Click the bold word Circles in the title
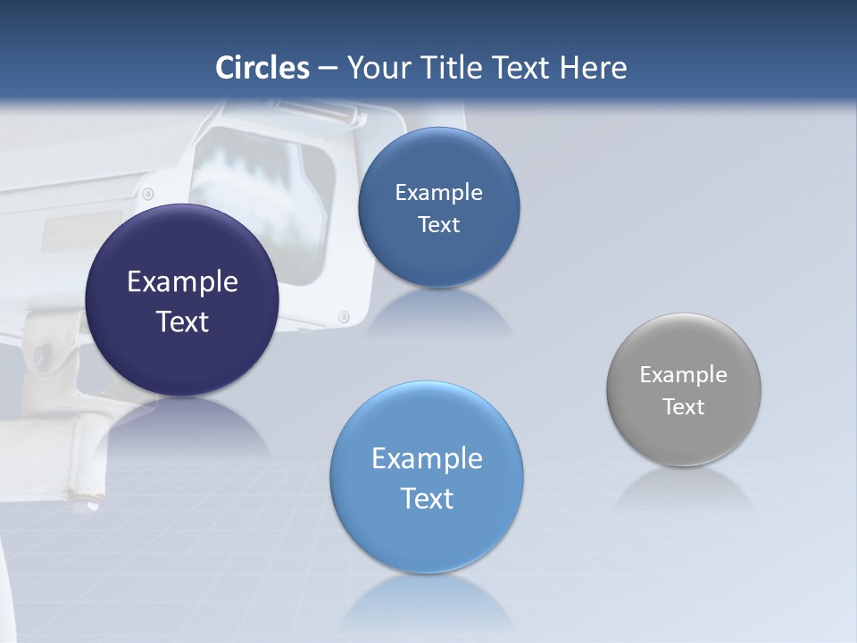tap(262, 68)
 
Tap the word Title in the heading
tap(453, 68)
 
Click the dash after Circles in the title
tap(328, 69)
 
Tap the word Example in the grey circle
tap(684, 375)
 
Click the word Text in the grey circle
tap(684, 407)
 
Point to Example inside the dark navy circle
tap(182, 282)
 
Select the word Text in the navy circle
tap(182, 321)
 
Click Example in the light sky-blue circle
tap(427, 459)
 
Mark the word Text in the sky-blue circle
tap(427, 498)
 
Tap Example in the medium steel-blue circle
tap(438, 193)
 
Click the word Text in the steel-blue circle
tap(438, 225)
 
